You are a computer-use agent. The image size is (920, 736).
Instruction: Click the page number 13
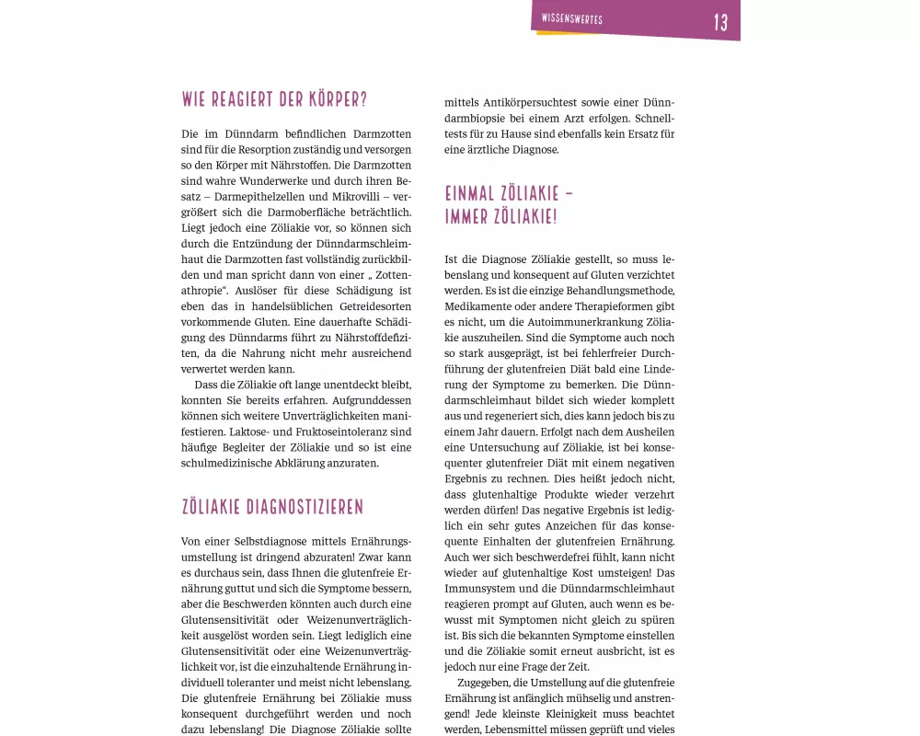point(721,23)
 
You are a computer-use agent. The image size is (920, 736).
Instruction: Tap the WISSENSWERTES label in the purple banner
point(571,19)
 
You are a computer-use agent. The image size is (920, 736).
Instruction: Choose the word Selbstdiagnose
point(272,541)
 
